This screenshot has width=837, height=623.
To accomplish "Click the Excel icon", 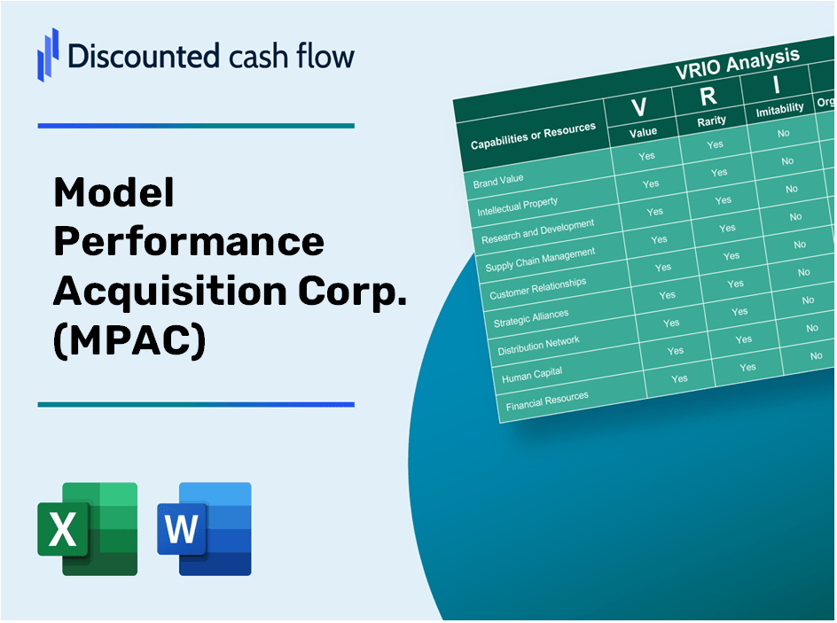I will pos(87,528).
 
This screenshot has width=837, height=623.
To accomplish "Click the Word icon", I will pos(204,528).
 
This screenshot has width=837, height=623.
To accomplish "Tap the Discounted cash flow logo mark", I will pos(48,54).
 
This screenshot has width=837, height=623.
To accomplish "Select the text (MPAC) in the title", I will pos(129,340).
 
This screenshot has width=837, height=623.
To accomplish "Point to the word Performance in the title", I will pos(189,241).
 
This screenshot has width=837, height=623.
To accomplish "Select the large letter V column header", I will pos(638,107).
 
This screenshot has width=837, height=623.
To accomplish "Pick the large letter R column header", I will pos(708,96).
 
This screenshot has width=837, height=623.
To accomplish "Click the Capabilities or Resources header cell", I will pos(533,136).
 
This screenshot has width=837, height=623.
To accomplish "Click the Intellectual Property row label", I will pos(518,207).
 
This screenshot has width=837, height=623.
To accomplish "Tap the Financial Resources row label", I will pos(547,401).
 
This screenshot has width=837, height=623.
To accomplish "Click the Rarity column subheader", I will pos(711,121).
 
